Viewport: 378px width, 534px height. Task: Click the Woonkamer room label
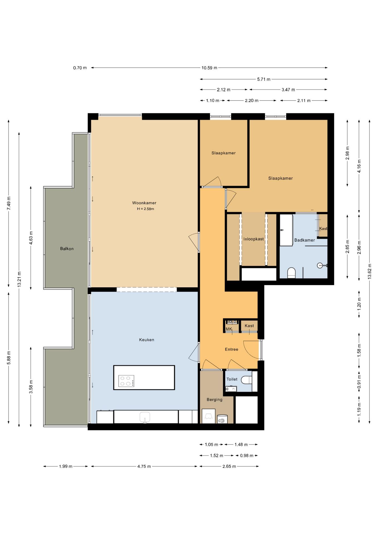pyautogui.click(x=144, y=203)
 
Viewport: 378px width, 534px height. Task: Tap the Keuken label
pyautogui.click(x=147, y=340)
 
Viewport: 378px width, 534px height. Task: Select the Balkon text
pyautogui.click(x=67, y=249)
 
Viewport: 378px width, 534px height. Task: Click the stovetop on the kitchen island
pyautogui.click(x=126, y=381)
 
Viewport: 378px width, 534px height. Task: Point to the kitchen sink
pyautogui.click(x=145, y=417)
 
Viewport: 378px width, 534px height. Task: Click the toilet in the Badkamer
pyautogui.click(x=291, y=273)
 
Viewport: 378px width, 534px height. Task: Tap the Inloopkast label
pyautogui.click(x=254, y=239)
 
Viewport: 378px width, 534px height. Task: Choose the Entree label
pyautogui.click(x=232, y=350)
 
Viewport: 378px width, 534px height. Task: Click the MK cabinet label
pyautogui.click(x=229, y=329)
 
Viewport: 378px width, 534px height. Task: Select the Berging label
pyautogui.click(x=215, y=400)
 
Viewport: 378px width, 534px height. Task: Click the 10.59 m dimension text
pyautogui.click(x=209, y=68)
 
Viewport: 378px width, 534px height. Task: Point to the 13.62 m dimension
pyautogui.click(x=370, y=271)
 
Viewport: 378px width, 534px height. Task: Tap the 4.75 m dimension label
pyautogui.click(x=144, y=466)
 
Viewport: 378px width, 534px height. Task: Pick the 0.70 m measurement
pyautogui.click(x=80, y=68)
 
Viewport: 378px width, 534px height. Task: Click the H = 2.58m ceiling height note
pyautogui.click(x=146, y=209)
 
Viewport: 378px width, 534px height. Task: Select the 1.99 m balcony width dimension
pyautogui.click(x=66, y=466)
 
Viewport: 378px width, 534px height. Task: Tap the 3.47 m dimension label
pyautogui.click(x=288, y=90)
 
